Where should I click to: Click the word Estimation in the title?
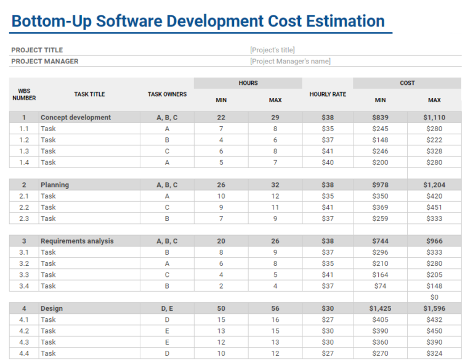[346, 21]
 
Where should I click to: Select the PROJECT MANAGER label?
[44, 61]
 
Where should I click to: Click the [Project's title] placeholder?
[272, 50]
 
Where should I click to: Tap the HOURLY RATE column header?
[328, 94]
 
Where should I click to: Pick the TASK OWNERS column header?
[167, 94]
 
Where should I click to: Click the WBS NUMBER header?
[24, 94]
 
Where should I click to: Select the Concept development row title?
[76, 118]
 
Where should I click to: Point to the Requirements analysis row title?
[77, 241]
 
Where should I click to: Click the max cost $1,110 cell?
[434, 118]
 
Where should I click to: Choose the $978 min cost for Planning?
[380, 185]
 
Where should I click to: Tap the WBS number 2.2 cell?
[24, 207]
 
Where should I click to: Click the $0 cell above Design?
[434, 297]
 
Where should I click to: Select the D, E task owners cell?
[167, 308]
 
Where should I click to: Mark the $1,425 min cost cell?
[380, 308]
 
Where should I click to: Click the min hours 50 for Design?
[221, 308]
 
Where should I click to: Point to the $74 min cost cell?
[380, 286]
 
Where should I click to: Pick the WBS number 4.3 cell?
[24, 342]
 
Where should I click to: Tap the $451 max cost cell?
[434, 207]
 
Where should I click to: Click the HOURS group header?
[248, 83]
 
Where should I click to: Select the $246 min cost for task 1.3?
[380, 151]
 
